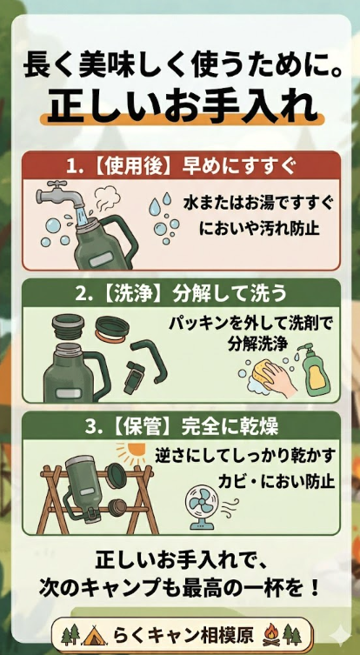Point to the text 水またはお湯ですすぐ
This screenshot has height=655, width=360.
257,203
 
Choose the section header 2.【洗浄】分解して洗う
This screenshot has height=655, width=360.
181,292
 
